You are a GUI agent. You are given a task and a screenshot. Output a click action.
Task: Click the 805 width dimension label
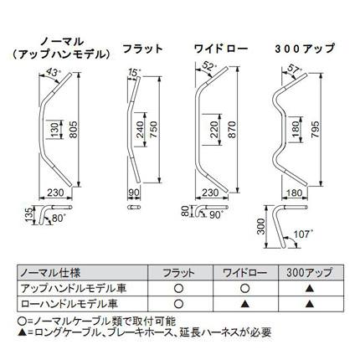[x=74, y=130]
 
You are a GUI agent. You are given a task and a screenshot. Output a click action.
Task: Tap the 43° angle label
[x=53, y=73]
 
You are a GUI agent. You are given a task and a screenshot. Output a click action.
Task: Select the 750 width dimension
[x=154, y=130]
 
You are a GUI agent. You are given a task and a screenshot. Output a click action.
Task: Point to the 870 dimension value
[x=232, y=130]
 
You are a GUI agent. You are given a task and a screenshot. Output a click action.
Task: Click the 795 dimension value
[x=315, y=130]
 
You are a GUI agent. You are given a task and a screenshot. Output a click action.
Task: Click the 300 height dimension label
[x=260, y=227]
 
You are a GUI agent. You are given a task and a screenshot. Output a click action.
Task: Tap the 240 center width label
[x=140, y=130]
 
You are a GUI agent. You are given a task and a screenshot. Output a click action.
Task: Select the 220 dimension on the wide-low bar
[x=214, y=130]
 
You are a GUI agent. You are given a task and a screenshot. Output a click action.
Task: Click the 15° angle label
[x=133, y=73]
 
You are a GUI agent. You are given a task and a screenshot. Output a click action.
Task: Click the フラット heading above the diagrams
[x=142, y=49]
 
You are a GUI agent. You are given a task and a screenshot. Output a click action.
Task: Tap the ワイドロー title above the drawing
[x=221, y=49]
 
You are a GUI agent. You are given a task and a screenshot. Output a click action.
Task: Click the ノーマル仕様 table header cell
[x=50, y=272]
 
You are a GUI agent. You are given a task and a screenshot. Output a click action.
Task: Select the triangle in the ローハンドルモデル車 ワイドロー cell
[x=244, y=303]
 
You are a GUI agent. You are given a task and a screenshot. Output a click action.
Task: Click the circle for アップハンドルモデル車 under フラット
[x=178, y=288]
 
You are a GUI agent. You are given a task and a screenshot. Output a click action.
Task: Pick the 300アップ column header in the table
[x=309, y=272]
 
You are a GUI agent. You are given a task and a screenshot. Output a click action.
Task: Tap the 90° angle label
[x=216, y=214]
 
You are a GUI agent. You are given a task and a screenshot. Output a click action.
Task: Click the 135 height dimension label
[x=29, y=215]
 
